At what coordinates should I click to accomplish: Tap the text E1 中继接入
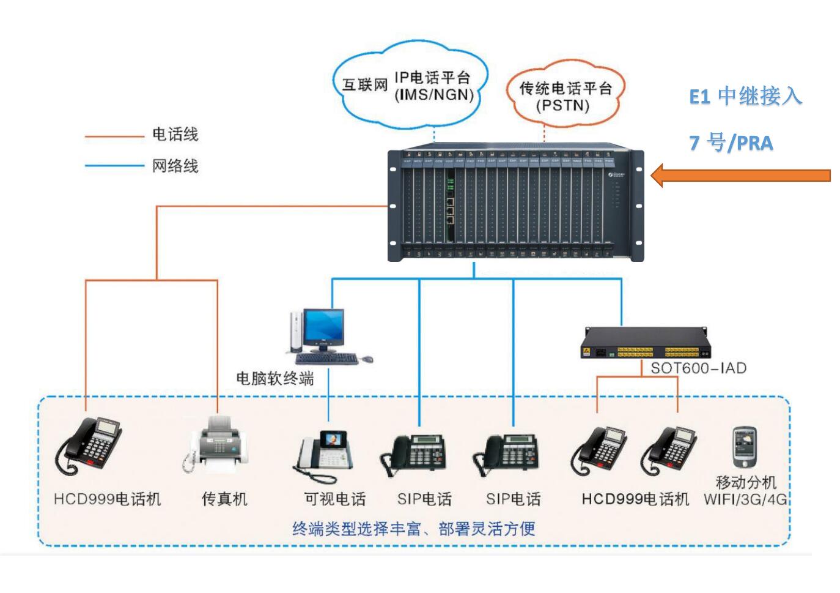(x=745, y=96)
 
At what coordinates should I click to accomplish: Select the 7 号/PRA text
(x=731, y=143)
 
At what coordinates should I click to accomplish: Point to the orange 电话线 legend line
(x=114, y=136)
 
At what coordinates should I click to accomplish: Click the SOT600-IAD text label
(x=698, y=368)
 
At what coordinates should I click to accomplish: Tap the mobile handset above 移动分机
(x=745, y=446)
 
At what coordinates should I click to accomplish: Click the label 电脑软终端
(x=275, y=379)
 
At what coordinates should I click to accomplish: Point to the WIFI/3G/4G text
(x=745, y=499)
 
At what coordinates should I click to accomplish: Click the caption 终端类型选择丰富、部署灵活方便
(x=413, y=528)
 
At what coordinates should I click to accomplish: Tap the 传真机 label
(x=224, y=499)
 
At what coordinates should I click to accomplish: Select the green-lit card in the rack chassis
(x=449, y=202)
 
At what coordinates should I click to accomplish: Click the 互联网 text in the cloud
(x=365, y=85)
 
